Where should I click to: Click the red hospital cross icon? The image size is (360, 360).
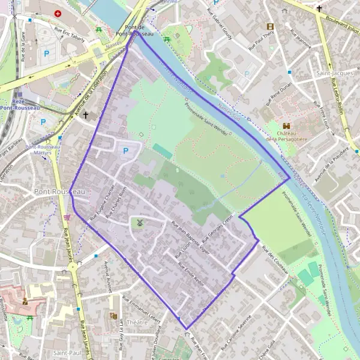pyautogui.click(x=58, y=13)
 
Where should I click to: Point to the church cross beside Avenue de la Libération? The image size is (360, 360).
pyautogui.click(x=86, y=115)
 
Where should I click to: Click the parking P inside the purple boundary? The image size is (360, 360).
pyautogui.click(x=125, y=151)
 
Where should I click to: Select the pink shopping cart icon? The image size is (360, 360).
pyautogui.click(x=67, y=217)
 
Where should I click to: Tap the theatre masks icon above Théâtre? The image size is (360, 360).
pyautogui.click(x=113, y=316)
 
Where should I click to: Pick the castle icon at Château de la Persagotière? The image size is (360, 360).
pyautogui.click(x=287, y=126)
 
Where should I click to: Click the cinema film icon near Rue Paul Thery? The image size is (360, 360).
pyautogui.click(x=270, y=26)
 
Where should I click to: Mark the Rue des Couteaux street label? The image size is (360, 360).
pyautogui.click(x=277, y=262)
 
